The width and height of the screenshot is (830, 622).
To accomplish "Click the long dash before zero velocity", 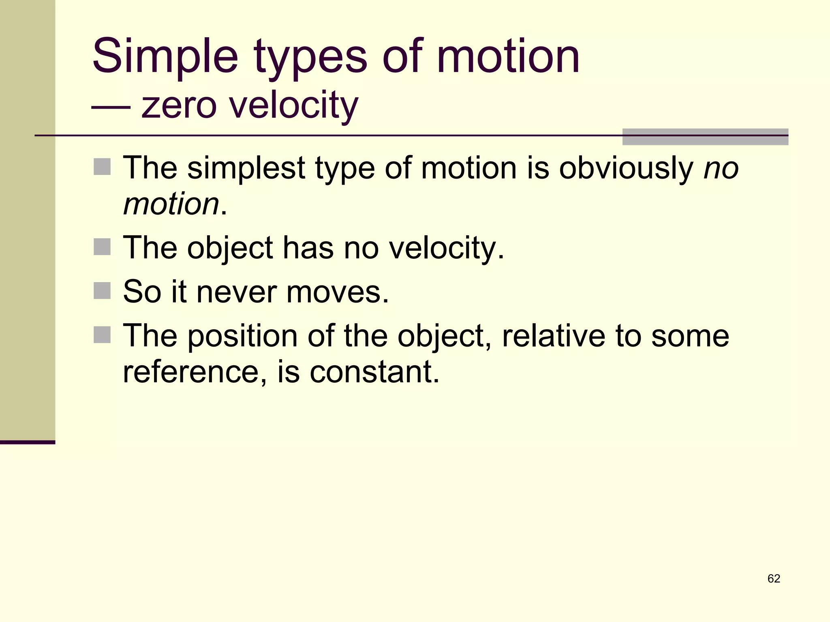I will (x=111, y=107).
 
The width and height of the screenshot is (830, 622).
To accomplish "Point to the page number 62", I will (x=774, y=579).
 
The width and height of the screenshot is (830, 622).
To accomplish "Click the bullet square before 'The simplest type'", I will (x=102, y=167).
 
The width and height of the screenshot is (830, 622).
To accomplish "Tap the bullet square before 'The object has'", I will (x=102, y=247).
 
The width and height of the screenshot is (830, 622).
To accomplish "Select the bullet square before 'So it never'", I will (x=102, y=291).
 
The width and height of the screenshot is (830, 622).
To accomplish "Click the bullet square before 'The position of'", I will (x=102, y=335).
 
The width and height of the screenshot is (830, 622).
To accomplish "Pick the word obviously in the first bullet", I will (x=626, y=168).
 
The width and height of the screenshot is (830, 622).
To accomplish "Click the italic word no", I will (x=721, y=168).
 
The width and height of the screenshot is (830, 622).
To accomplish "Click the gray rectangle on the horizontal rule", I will (x=705, y=137).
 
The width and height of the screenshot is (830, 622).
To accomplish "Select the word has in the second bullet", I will (x=308, y=247).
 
